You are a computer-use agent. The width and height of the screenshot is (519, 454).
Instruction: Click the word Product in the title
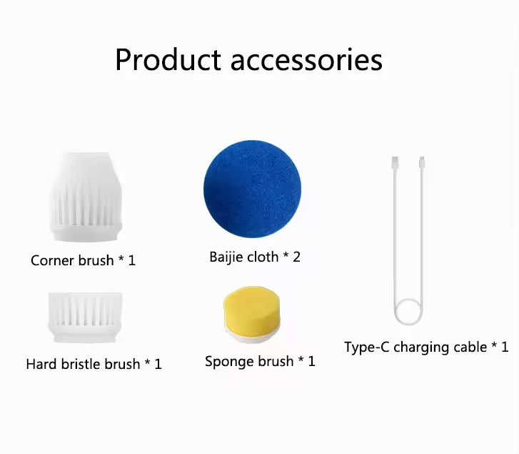pos(168,59)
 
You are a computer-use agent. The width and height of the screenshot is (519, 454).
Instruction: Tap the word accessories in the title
pos(306,61)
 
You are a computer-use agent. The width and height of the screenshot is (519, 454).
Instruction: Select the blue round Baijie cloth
pos(253,189)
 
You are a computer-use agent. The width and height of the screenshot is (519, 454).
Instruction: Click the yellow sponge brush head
pos(252,312)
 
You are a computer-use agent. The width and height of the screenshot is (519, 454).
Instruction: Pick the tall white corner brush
pos(86,197)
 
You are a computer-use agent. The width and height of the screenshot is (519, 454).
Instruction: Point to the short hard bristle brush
pos(86,317)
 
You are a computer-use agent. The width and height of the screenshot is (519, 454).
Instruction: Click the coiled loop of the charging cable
pos(408,312)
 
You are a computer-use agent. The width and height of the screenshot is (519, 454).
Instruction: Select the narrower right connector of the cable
pos(422,162)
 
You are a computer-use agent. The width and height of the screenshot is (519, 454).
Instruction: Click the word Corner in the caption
pos(52,260)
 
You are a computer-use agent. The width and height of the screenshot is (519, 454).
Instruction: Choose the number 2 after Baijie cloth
pos(296,257)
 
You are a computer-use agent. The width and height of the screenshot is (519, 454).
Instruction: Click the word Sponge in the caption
pos(230,362)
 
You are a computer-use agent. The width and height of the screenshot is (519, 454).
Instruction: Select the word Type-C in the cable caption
pos(367,347)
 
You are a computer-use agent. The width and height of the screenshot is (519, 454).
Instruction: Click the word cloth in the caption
pos(268,257)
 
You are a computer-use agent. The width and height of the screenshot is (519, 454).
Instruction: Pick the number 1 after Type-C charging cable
pos(505,347)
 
